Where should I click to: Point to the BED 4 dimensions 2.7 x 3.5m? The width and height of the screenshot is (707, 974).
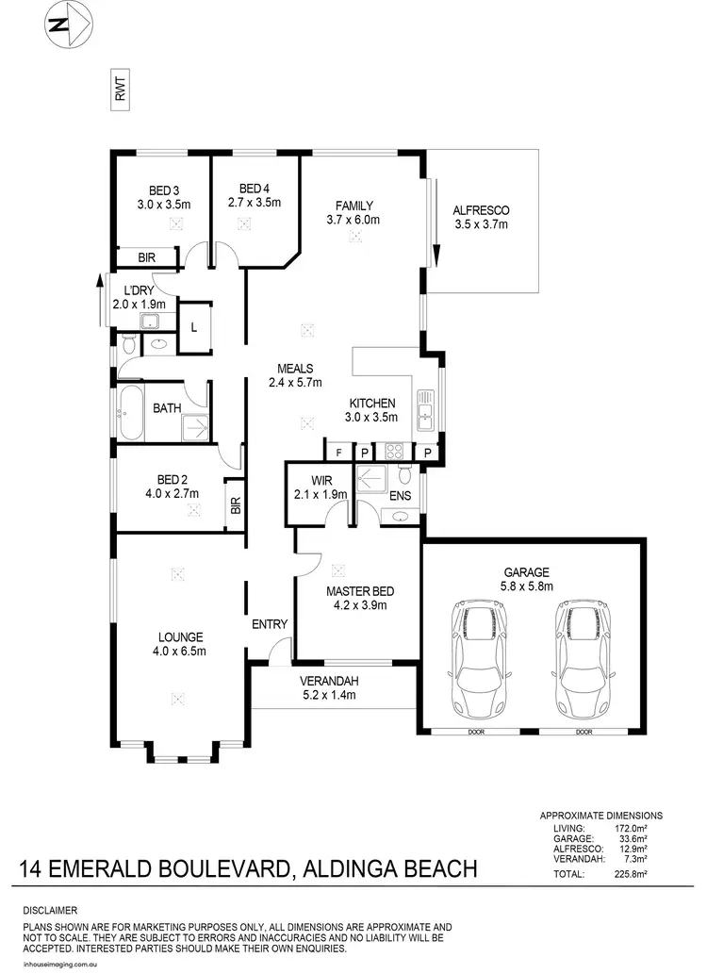point(255,202)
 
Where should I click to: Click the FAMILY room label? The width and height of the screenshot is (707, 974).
point(354,206)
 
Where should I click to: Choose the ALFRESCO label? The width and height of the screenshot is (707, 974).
point(481,210)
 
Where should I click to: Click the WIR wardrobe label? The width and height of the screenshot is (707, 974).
point(321,479)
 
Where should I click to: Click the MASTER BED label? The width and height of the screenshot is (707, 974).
point(360,591)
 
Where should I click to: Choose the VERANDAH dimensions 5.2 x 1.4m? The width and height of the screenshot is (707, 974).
point(329,696)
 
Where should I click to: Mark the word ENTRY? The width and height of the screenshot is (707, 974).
point(269,624)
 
